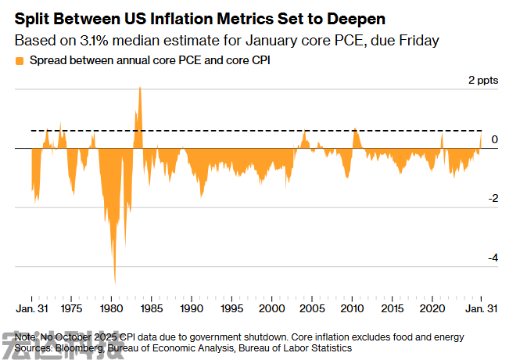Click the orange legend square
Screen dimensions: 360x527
tap(19, 59)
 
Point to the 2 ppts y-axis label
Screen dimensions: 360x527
tap(482, 80)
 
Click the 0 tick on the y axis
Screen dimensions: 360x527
tap(494, 139)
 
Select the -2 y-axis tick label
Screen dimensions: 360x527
tap(492, 199)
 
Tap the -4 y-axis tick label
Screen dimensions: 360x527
tap(492, 258)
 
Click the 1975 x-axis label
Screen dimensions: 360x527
tap(72, 309)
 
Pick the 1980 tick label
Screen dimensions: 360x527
tap(112, 309)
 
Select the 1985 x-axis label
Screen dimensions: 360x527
tap(152, 309)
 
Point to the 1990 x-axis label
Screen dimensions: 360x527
tap(192, 309)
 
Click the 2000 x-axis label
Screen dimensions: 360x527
tap(271, 309)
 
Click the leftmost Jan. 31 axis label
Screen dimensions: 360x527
tap(32, 309)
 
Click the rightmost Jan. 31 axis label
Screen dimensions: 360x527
tap(481, 309)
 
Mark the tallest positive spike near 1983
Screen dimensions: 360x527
tap(140, 88)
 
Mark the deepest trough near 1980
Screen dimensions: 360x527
tap(115, 283)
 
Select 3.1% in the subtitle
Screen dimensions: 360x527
tap(94, 38)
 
